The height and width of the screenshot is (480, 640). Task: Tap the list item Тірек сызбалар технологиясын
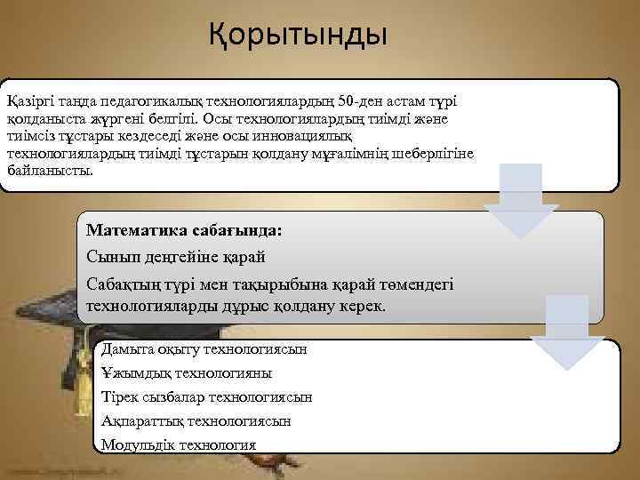pos(206,397)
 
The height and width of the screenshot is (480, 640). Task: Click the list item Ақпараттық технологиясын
pos(196,421)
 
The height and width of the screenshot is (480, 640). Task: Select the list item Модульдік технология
pos(179,445)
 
